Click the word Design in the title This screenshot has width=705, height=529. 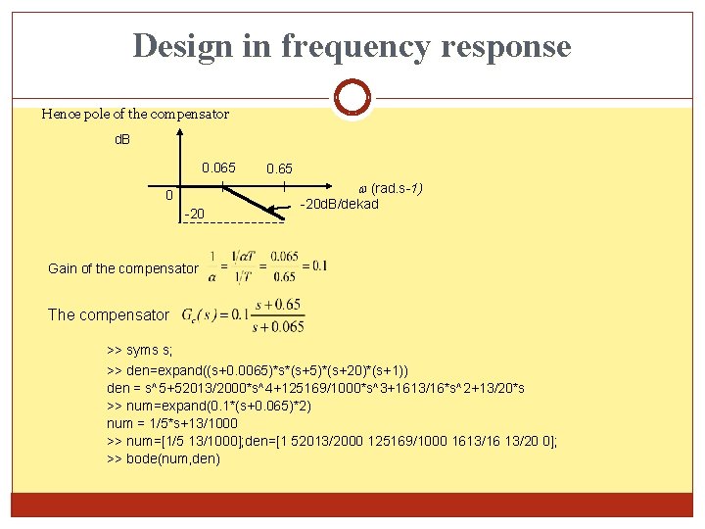(182, 46)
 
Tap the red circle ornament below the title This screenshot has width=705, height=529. (352, 98)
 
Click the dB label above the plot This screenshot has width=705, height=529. (123, 140)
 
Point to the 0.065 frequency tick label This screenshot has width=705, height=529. (218, 168)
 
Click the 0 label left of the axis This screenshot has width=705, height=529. (169, 195)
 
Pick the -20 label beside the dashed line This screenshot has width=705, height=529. (195, 215)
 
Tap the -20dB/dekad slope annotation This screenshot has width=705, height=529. (339, 204)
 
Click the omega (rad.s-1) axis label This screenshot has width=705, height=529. (390, 188)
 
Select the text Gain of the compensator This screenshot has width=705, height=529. (123, 268)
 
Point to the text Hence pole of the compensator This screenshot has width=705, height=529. (135, 114)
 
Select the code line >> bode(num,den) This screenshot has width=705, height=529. (164, 458)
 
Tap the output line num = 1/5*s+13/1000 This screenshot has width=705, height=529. (172, 423)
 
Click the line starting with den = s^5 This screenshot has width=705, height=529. (315, 388)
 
